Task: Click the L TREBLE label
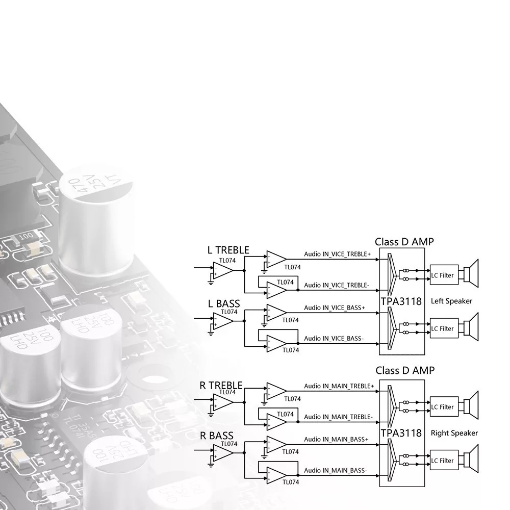228,250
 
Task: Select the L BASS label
223,304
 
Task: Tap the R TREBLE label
221,385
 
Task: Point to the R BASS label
217,436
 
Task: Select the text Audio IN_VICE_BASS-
334,339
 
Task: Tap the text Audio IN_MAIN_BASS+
336,440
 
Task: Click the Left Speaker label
451,301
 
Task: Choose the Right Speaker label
454,433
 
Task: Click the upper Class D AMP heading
404,242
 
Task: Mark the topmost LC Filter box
442,275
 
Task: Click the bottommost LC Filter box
442,461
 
